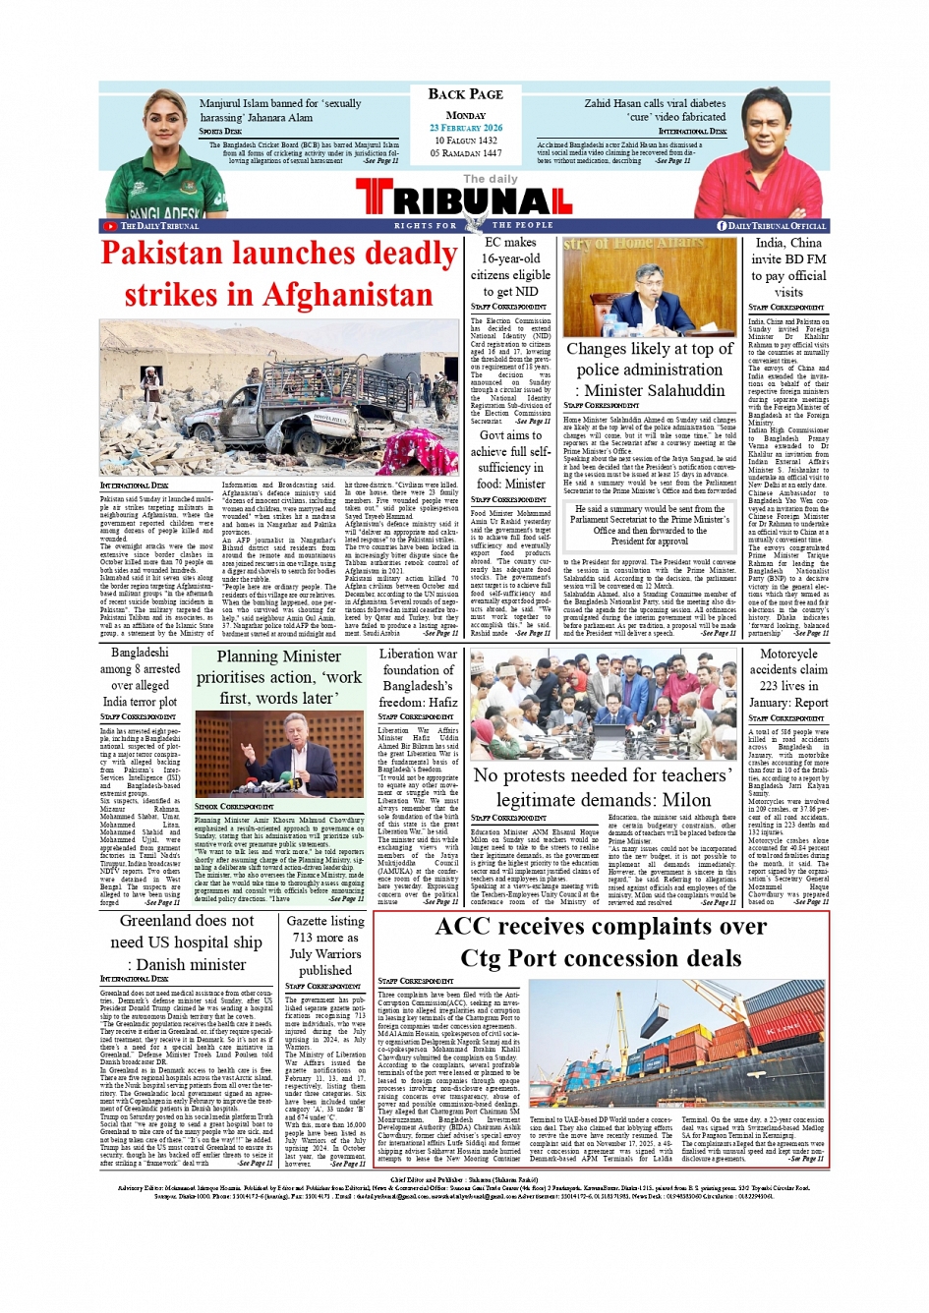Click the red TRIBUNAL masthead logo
464,200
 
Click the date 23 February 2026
465,128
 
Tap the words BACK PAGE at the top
465,94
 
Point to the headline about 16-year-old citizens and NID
510,266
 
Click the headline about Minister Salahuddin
649,370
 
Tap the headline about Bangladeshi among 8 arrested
140,676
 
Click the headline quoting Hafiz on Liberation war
418,677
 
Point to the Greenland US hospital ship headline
186,942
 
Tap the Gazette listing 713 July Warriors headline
325,944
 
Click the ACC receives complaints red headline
601,942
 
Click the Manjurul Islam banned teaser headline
280,110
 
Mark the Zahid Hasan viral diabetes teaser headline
655,109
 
